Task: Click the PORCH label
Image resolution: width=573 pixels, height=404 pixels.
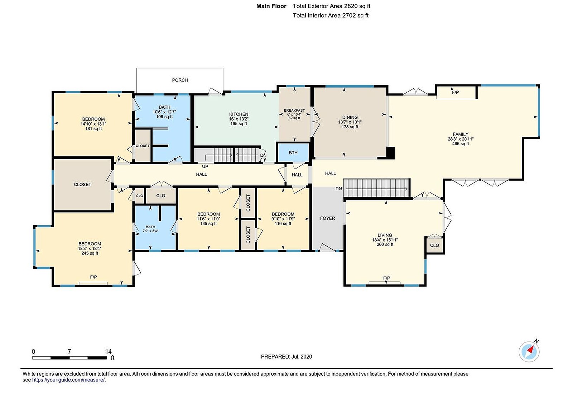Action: coord(180,80)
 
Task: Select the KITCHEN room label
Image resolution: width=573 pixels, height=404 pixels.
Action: coord(239,114)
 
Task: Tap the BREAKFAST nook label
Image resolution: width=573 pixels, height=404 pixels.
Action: coord(294,111)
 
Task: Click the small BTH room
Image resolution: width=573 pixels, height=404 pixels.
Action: coord(293,153)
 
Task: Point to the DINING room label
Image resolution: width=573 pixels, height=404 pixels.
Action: coord(350,117)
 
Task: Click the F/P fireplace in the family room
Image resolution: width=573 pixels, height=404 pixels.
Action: coord(456,92)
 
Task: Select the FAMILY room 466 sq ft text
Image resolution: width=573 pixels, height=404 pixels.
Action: coord(461,144)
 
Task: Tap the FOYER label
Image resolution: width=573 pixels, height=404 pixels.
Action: coord(327,218)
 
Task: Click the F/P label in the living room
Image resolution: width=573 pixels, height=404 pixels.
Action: coord(386,278)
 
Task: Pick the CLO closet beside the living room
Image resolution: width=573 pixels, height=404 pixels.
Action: coord(434,245)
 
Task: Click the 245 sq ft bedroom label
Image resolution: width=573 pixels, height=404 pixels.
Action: coord(90,253)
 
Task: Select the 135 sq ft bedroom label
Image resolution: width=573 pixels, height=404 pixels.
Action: coord(208,224)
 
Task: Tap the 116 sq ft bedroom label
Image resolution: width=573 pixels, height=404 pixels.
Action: coord(283,224)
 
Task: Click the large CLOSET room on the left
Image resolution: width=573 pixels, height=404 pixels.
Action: coord(82,185)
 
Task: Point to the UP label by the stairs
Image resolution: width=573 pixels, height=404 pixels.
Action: coord(205,166)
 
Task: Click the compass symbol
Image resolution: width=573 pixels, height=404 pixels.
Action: coord(529,352)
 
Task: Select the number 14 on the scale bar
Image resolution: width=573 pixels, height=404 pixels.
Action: coord(108,352)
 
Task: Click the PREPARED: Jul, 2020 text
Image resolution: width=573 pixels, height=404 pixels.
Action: coord(286,357)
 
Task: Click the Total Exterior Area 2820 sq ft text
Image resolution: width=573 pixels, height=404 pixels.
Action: coord(331,6)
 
